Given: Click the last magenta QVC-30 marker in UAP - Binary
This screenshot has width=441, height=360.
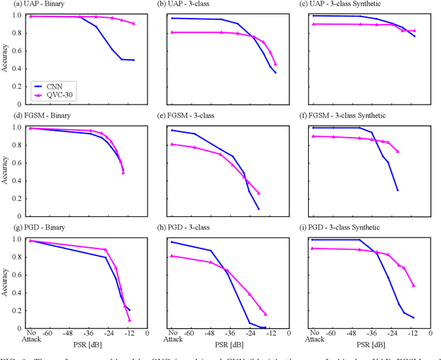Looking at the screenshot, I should click(x=134, y=24).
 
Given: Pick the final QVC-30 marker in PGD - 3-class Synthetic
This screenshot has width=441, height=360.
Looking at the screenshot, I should click(x=413, y=285).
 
